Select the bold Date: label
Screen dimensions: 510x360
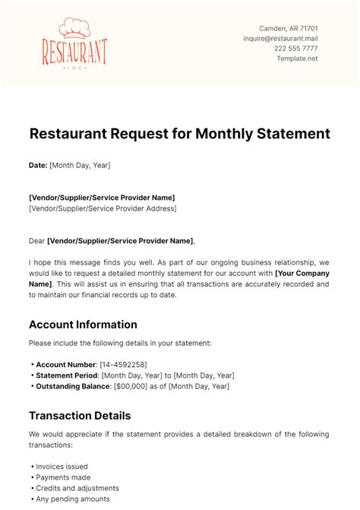37,164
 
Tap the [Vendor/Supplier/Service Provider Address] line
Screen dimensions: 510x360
102,208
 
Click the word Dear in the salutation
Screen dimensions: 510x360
36,242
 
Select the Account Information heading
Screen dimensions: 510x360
83,325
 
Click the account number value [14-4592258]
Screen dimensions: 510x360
123,365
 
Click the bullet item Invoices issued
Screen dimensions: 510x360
62,467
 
